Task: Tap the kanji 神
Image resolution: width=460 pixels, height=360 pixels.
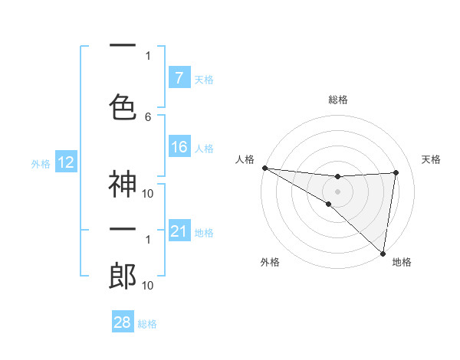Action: point(123,184)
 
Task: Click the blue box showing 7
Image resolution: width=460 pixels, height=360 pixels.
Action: point(179,78)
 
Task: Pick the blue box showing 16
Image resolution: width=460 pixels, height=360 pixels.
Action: point(179,148)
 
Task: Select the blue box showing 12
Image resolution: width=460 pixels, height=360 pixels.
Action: point(65,162)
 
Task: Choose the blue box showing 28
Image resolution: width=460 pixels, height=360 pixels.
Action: point(123,322)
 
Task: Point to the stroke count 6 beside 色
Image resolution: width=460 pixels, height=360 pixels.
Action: point(148,117)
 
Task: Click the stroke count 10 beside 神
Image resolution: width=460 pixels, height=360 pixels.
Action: point(148,193)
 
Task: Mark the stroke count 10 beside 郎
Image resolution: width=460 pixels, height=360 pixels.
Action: point(148,286)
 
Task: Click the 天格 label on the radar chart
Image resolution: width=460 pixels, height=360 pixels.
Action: point(431,159)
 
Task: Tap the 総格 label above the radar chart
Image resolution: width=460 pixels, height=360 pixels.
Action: point(338,100)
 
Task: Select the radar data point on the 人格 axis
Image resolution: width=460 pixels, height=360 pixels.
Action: point(264,168)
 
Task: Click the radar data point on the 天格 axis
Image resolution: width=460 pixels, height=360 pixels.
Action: point(396,172)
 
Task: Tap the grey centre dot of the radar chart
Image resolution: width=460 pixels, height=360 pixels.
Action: point(337,190)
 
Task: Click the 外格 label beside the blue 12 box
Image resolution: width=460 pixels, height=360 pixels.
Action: point(40,163)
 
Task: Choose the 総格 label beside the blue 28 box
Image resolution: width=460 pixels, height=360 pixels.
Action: point(147,324)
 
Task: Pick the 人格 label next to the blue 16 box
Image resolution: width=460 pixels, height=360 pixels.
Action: point(204,149)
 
